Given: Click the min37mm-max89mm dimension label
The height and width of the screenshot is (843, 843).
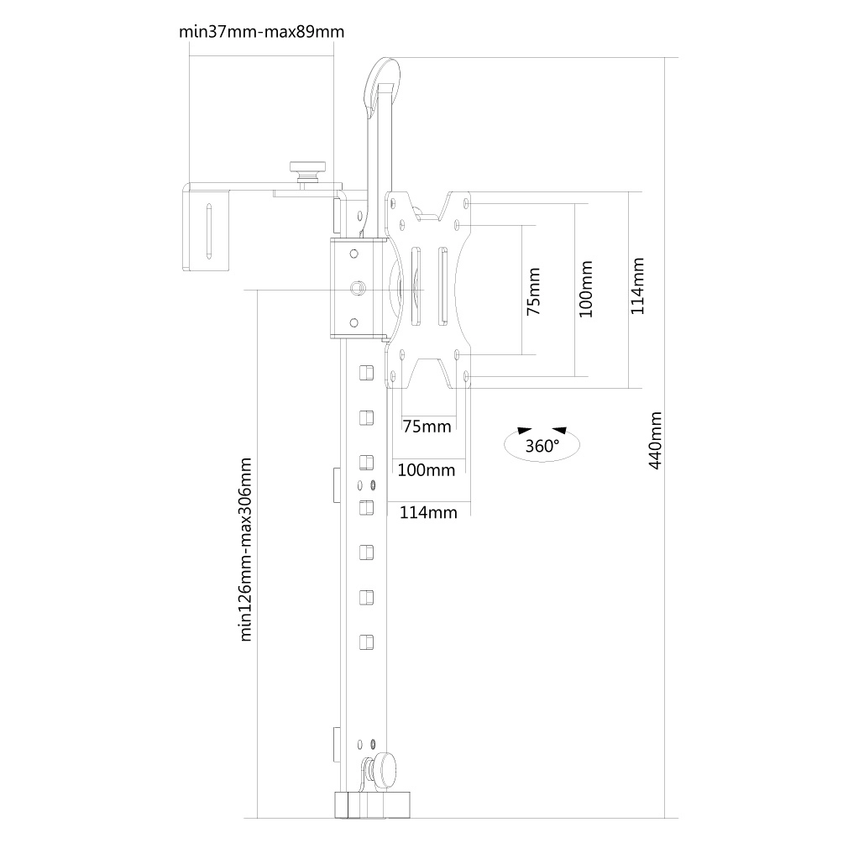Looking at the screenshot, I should pos(262,32).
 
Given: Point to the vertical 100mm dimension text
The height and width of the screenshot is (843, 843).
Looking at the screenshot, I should pos(586,289).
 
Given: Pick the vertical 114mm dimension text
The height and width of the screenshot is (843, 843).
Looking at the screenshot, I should pos(637,285).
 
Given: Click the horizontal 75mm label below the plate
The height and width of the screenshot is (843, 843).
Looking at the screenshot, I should pos(427,427).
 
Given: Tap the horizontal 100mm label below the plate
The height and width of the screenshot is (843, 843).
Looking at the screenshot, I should pos(426,469).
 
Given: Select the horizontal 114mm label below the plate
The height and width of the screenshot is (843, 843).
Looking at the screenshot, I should pos(427,512).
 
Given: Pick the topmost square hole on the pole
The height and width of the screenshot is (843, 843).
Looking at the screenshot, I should pos(365,371).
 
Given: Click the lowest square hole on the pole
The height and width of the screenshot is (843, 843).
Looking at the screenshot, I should pos(365,641).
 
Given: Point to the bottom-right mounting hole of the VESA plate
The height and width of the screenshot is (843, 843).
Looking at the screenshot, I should pos(467,375).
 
